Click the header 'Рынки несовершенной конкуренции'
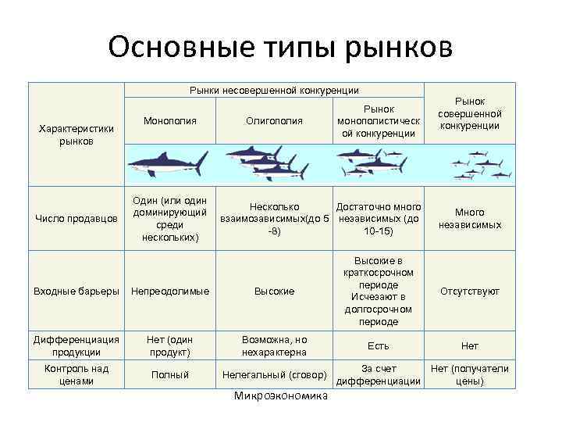[x=274, y=91]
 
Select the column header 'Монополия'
[x=169, y=120]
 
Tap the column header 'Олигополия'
[x=274, y=120]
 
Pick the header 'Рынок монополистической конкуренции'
[x=379, y=120]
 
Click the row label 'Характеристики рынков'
[x=76, y=134]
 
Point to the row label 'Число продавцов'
[x=76, y=219]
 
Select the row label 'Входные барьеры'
[x=76, y=291]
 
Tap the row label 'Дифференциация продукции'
[x=76, y=345]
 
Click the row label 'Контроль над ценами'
[x=76, y=374]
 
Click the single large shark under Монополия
[x=168, y=163]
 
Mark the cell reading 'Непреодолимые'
[x=169, y=291]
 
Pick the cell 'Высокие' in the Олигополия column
[x=274, y=291]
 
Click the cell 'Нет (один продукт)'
[x=169, y=345]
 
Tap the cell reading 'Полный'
[x=169, y=374]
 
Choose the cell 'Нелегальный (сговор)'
[x=274, y=374]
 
